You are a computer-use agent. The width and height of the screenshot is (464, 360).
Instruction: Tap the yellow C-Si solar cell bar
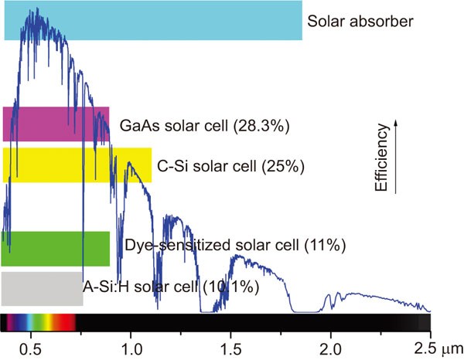click(x=77, y=165)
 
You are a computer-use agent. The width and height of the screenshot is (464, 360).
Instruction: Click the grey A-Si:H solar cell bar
click(x=42, y=288)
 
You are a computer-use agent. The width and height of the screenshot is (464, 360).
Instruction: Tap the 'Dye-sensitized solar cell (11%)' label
click(x=234, y=246)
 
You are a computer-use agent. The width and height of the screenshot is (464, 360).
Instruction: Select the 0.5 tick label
click(x=31, y=344)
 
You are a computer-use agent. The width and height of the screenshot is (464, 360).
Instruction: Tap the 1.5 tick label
click(x=230, y=344)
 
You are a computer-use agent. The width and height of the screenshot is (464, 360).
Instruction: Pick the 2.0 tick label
click(x=331, y=344)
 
